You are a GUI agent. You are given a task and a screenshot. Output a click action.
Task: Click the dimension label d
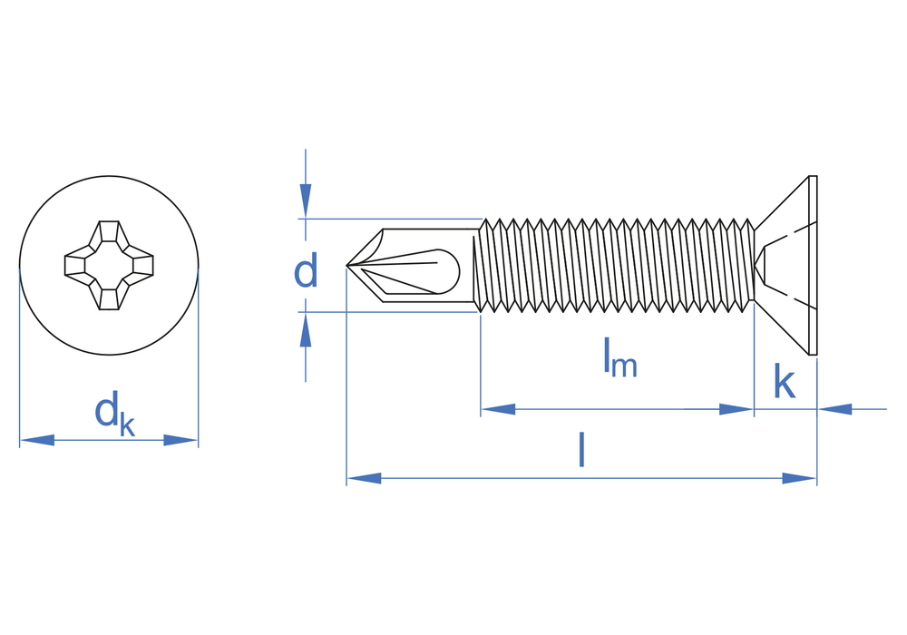(x=306, y=271)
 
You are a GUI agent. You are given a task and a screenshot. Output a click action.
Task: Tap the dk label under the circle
(x=114, y=415)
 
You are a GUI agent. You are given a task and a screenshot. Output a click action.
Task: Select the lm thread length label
(x=620, y=358)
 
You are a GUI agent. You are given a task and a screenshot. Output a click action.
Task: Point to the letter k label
(x=784, y=383)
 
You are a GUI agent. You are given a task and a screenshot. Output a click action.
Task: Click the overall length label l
(x=581, y=450)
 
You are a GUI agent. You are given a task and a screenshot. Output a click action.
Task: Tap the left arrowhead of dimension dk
(x=37, y=440)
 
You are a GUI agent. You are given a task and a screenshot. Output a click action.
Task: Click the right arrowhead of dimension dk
(x=180, y=440)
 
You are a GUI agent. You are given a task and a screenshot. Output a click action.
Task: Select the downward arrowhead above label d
(x=306, y=200)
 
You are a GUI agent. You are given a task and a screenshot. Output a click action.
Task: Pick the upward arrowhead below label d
(x=306, y=330)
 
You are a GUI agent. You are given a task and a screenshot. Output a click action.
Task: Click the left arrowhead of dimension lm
(x=498, y=409)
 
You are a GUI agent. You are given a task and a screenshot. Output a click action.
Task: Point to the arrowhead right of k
(x=835, y=409)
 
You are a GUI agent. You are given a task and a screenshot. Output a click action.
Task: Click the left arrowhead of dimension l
(x=364, y=478)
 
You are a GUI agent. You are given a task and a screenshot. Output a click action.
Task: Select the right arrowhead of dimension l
(x=799, y=478)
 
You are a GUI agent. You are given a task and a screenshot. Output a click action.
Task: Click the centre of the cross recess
(x=109, y=265)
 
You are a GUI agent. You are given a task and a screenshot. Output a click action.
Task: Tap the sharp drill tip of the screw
(x=348, y=266)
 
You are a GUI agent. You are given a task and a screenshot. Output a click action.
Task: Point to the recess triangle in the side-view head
(x=761, y=266)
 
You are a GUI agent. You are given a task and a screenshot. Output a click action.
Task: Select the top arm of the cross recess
(x=109, y=231)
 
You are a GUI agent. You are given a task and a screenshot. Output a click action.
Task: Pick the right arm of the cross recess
(x=142, y=265)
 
